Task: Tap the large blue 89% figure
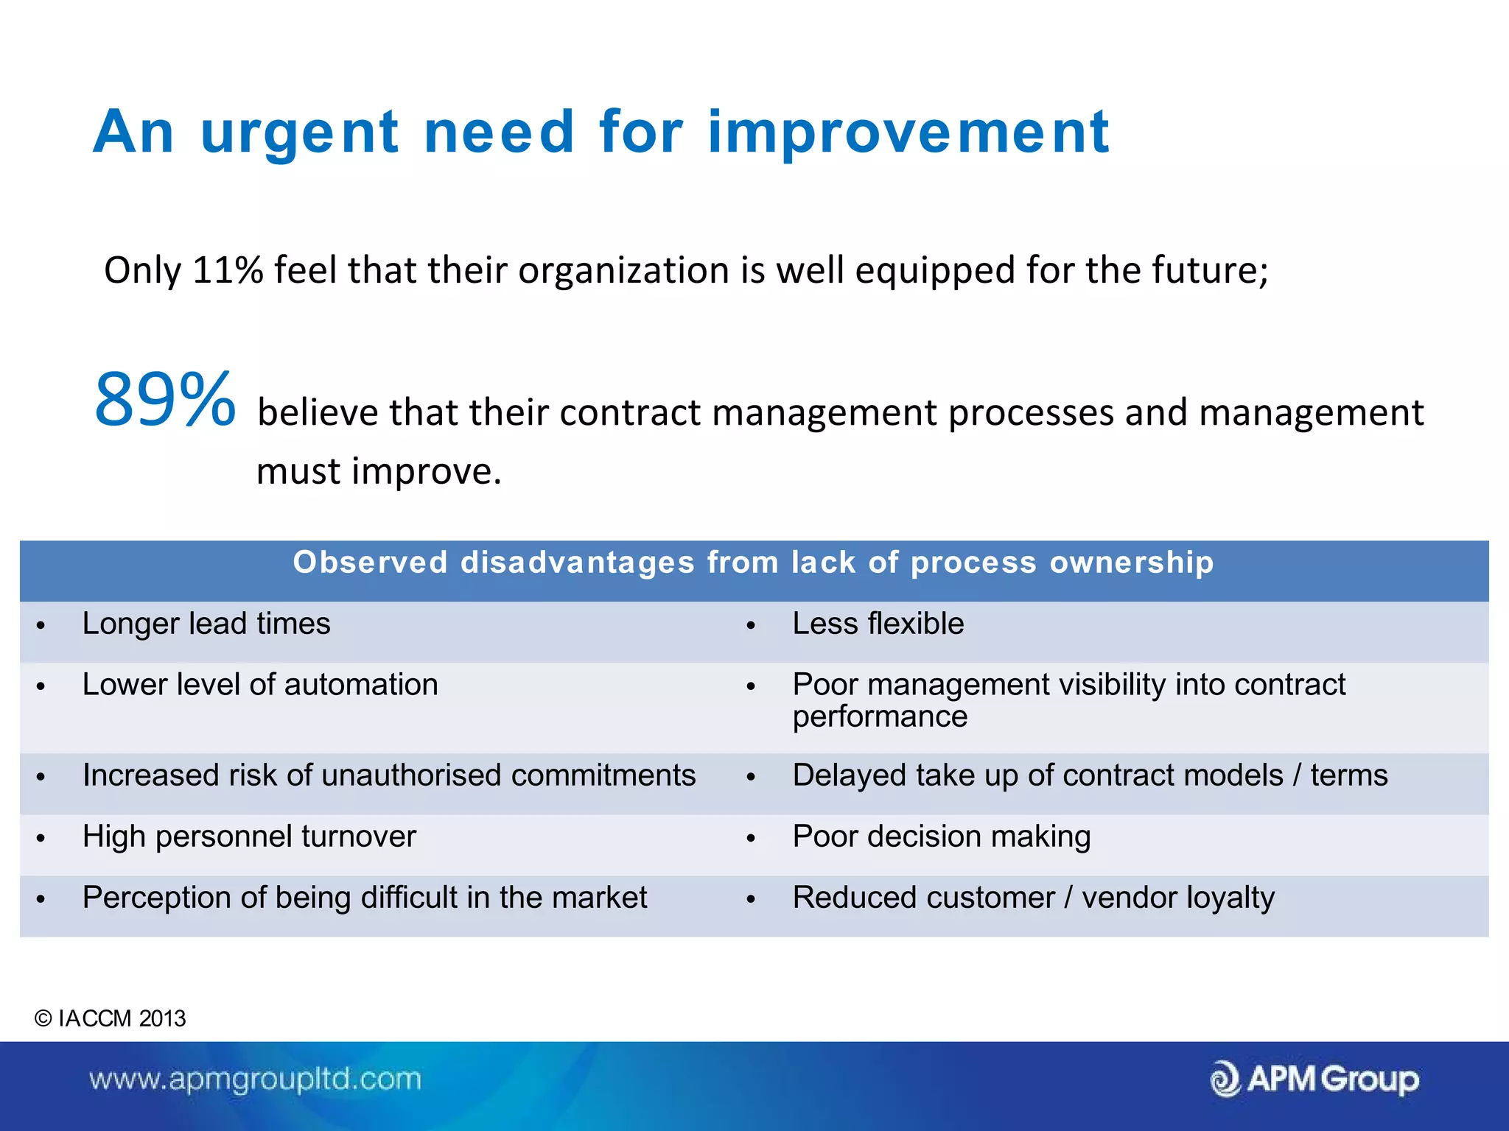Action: (x=165, y=400)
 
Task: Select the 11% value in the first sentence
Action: (x=228, y=270)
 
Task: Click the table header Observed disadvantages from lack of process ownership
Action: (x=753, y=563)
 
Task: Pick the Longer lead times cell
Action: (x=206, y=624)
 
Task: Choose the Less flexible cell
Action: (x=878, y=624)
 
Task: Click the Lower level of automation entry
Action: (x=260, y=686)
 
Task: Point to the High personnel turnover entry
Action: (x=249, y=837)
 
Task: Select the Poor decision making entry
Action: (x=941, y=837)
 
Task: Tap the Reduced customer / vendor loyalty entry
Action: (x=1033, y=898)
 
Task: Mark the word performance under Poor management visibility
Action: (x=880, y=717)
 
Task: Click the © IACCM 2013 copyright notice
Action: (x=111, y=1019)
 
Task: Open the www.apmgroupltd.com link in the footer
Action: (x=255, y=1080)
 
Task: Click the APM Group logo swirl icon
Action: (x=1225, y=1080)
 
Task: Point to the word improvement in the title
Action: (x=908, y=133)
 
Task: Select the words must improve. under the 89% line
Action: (x=379, y=471)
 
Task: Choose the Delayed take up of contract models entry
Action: (x=1090, y=776)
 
